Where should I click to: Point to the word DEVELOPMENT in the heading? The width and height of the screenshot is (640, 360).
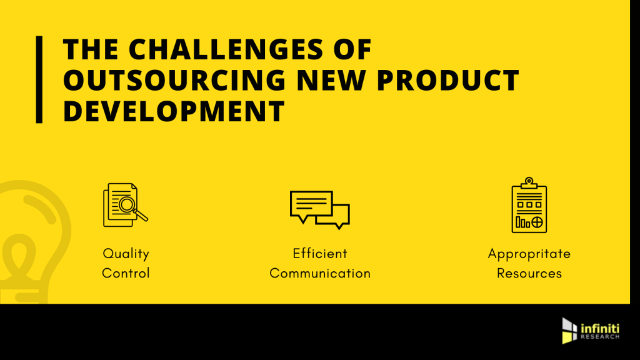click(174, 111)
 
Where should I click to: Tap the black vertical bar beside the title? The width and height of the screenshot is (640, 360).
click(39, 79)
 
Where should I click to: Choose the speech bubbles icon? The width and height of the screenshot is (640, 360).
click(319, 208)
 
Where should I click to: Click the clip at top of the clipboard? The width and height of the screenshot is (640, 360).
click(529, 182)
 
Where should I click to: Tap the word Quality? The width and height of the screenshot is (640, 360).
click(126, 254)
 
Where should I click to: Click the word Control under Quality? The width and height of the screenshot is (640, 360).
click(126, 273)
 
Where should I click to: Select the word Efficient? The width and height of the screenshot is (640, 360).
click(319, 254)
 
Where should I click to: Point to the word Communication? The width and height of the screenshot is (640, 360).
click(319, 273)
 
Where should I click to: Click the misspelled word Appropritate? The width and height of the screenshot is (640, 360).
click(529, 254)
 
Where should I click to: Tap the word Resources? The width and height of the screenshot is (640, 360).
click(529, 273)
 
